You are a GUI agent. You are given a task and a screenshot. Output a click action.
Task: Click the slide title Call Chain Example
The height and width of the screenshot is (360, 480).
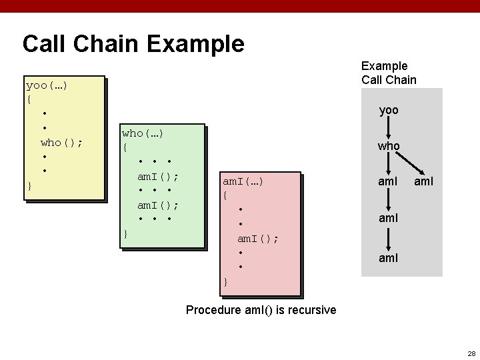tap(133, 44)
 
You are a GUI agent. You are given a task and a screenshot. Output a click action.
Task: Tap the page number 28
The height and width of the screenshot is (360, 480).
tap(471, 353)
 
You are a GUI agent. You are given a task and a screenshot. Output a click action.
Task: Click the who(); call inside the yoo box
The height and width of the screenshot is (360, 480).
tap(61, 142)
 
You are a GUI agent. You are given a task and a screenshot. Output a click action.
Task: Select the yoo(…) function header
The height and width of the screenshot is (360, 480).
tap(47, 85)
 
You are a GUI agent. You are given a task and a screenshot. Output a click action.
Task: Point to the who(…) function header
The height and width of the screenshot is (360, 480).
tap(143, 133)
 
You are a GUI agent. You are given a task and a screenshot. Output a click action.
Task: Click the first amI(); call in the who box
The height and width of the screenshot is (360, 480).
tap(157, 177)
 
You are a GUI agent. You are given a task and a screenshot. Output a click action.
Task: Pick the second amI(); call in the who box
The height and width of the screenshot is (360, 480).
tap(157, 205)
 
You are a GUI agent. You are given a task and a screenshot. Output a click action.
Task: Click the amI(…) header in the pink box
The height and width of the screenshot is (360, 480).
tap(243, 181)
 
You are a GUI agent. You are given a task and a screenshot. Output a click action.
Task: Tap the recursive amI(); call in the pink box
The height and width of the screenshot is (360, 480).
tap(258, 238)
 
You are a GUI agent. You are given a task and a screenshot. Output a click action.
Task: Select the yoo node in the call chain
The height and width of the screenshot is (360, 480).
tap(389, 110)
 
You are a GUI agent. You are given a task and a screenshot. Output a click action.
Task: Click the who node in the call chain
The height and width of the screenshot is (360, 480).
tap(389, 145)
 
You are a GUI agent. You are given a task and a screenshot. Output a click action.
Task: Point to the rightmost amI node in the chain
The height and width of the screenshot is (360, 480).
tap(423, 181)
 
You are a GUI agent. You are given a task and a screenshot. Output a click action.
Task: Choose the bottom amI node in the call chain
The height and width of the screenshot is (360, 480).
tap(388, 257)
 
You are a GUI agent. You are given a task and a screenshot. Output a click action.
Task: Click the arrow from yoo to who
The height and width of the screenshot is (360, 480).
tap(389, 127)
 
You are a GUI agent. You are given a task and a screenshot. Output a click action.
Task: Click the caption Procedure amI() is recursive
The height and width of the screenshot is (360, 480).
tap(261, 310)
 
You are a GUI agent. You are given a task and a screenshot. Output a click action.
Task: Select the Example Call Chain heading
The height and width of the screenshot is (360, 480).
tap(389, 73)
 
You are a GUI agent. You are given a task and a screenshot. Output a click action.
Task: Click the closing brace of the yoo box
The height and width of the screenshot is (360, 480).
tap(29, 185)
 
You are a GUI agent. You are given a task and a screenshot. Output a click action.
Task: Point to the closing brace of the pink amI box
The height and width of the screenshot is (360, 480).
tap(225, 281)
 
